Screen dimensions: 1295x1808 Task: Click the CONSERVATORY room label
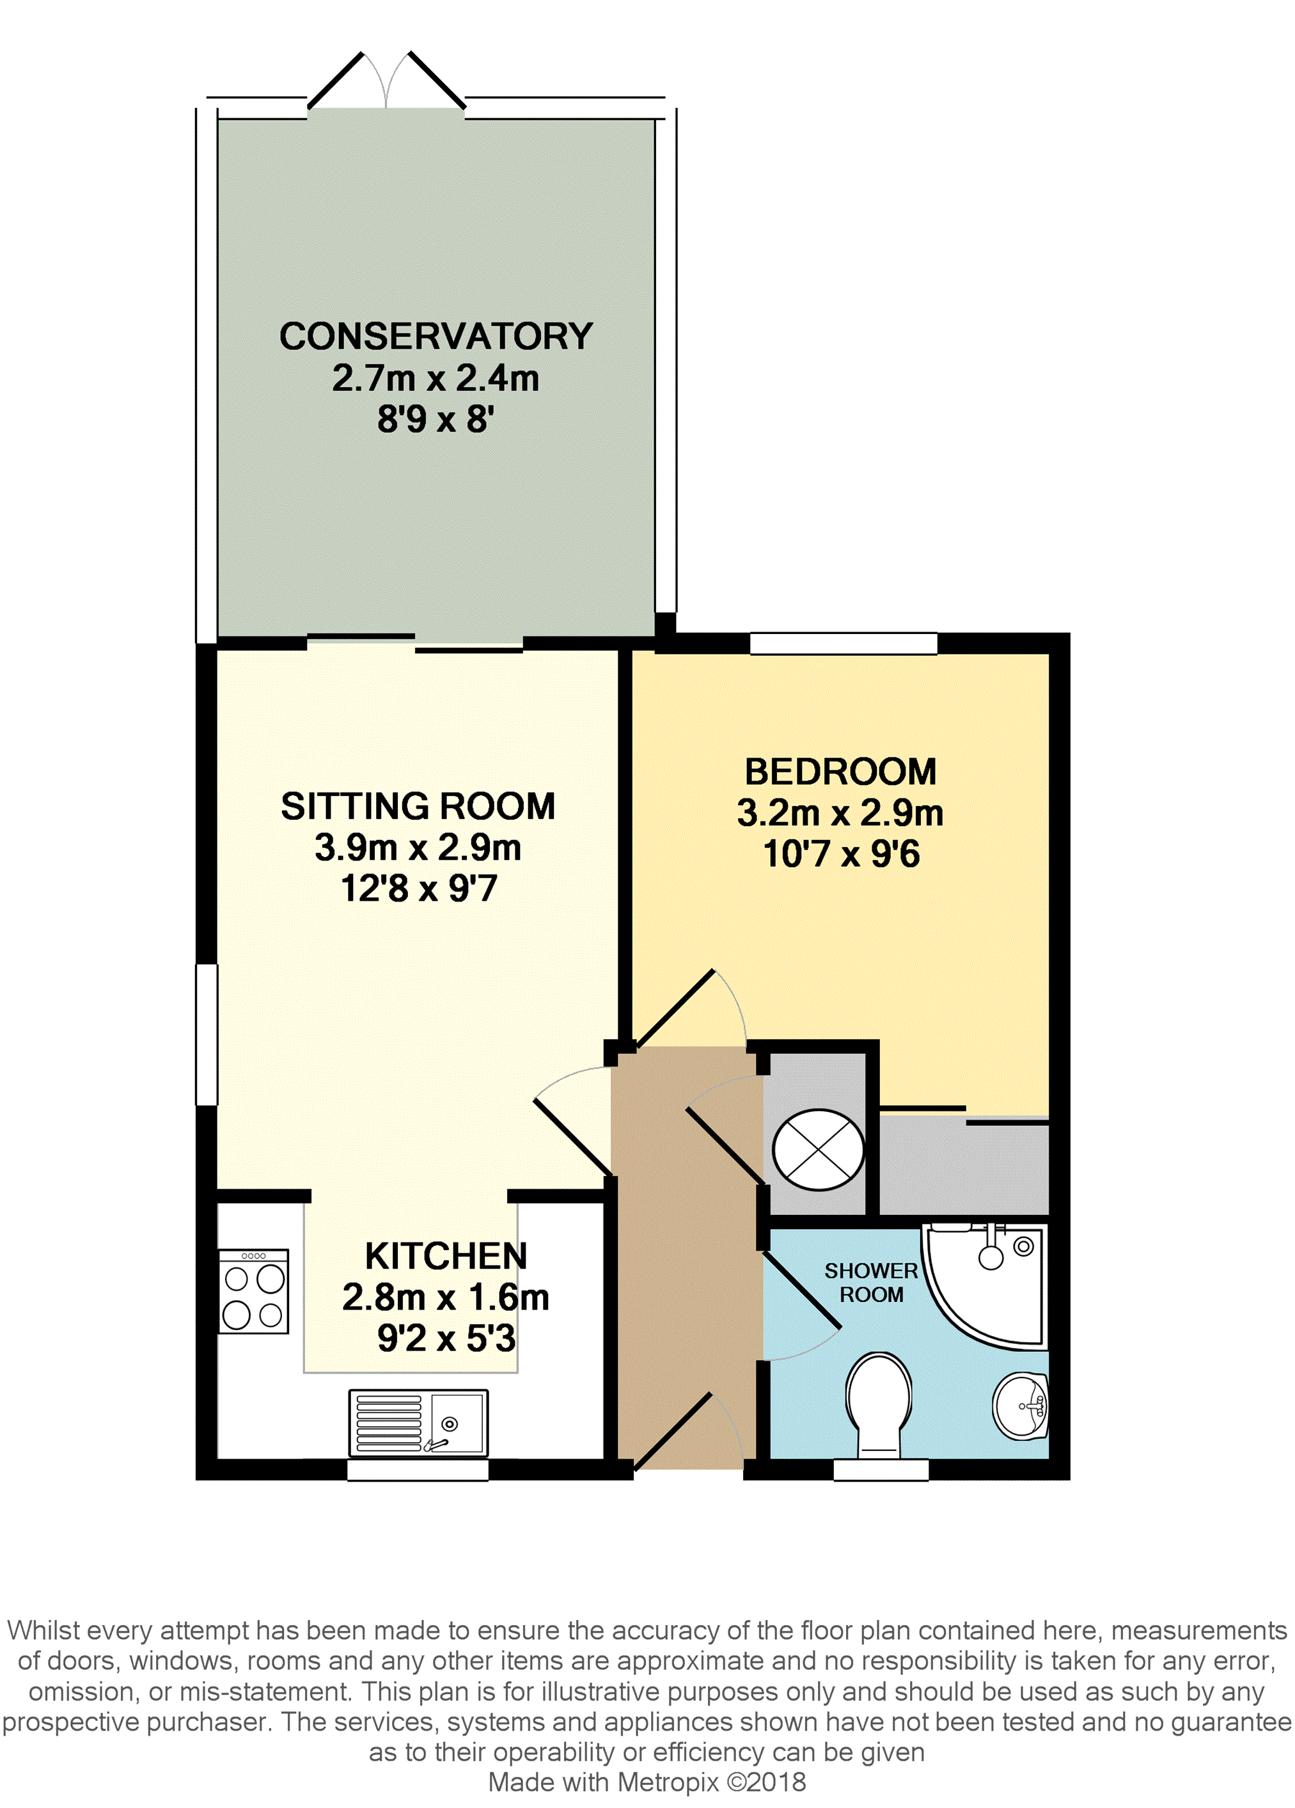coord(436,337)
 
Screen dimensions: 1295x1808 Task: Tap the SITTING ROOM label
coord(418,806)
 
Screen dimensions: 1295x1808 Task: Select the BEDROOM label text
coord(841,771)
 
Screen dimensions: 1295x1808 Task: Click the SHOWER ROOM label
coord(871,1283)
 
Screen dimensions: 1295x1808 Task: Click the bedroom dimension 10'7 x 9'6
coord(842,853)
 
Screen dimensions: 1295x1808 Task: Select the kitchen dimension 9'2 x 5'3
coord(446,1338)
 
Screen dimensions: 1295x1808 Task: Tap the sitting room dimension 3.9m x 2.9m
coord(418,846)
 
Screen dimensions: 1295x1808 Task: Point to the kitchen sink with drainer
coord(418,1423)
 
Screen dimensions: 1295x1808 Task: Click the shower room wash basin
coord(1021,1406)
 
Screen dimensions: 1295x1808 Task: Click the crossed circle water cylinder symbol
coord(819,1150)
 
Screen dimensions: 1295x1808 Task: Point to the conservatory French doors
coord(386,81)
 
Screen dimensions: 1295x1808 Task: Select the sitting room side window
coord(207,1035)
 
